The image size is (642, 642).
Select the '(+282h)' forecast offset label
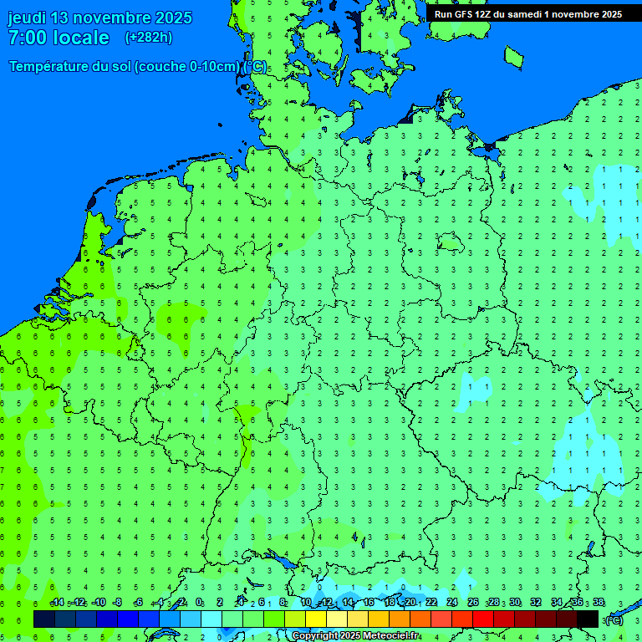pos(148,38)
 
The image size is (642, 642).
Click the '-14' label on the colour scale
pos(57,603)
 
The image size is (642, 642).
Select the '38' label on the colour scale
pos(598,603)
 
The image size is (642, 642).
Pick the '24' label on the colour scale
pos(452,603)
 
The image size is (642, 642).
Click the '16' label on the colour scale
pos(369,603)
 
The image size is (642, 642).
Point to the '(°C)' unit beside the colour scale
pos(614,619)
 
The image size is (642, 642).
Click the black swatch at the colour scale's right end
pos(588,619)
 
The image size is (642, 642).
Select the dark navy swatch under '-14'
pos(44,619)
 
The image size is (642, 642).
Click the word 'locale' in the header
pos(80,38)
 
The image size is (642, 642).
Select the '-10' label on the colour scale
pos(99,603)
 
